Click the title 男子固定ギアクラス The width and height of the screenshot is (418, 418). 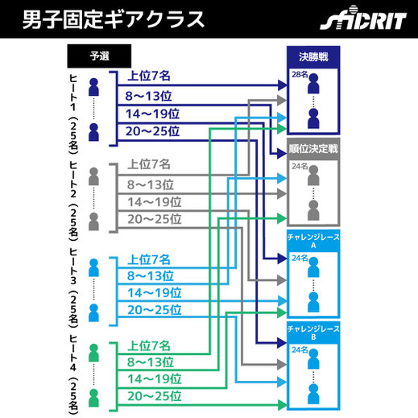113,19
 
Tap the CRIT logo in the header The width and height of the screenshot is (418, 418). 363,19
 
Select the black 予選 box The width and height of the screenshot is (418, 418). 99,56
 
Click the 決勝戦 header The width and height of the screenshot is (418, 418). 313,57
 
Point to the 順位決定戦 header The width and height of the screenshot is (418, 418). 313,149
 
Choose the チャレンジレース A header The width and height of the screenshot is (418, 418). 313,241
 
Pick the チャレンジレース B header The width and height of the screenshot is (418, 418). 313,333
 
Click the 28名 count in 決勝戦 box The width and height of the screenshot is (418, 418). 300,74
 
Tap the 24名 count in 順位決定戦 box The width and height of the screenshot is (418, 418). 300,166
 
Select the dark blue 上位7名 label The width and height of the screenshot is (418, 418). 149,76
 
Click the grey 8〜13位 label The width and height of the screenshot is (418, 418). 151,184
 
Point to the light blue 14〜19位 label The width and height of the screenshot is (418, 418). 155,292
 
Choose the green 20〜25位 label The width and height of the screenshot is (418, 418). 155,396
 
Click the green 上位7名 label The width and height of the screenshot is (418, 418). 149,346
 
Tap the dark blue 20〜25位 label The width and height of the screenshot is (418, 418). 152,131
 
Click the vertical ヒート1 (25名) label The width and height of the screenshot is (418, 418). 73,114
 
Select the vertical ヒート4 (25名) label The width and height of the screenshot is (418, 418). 73,375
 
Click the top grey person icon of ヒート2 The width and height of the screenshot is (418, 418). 93,176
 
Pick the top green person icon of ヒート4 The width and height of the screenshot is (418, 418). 93,353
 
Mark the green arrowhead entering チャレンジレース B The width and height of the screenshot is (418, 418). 282,405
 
